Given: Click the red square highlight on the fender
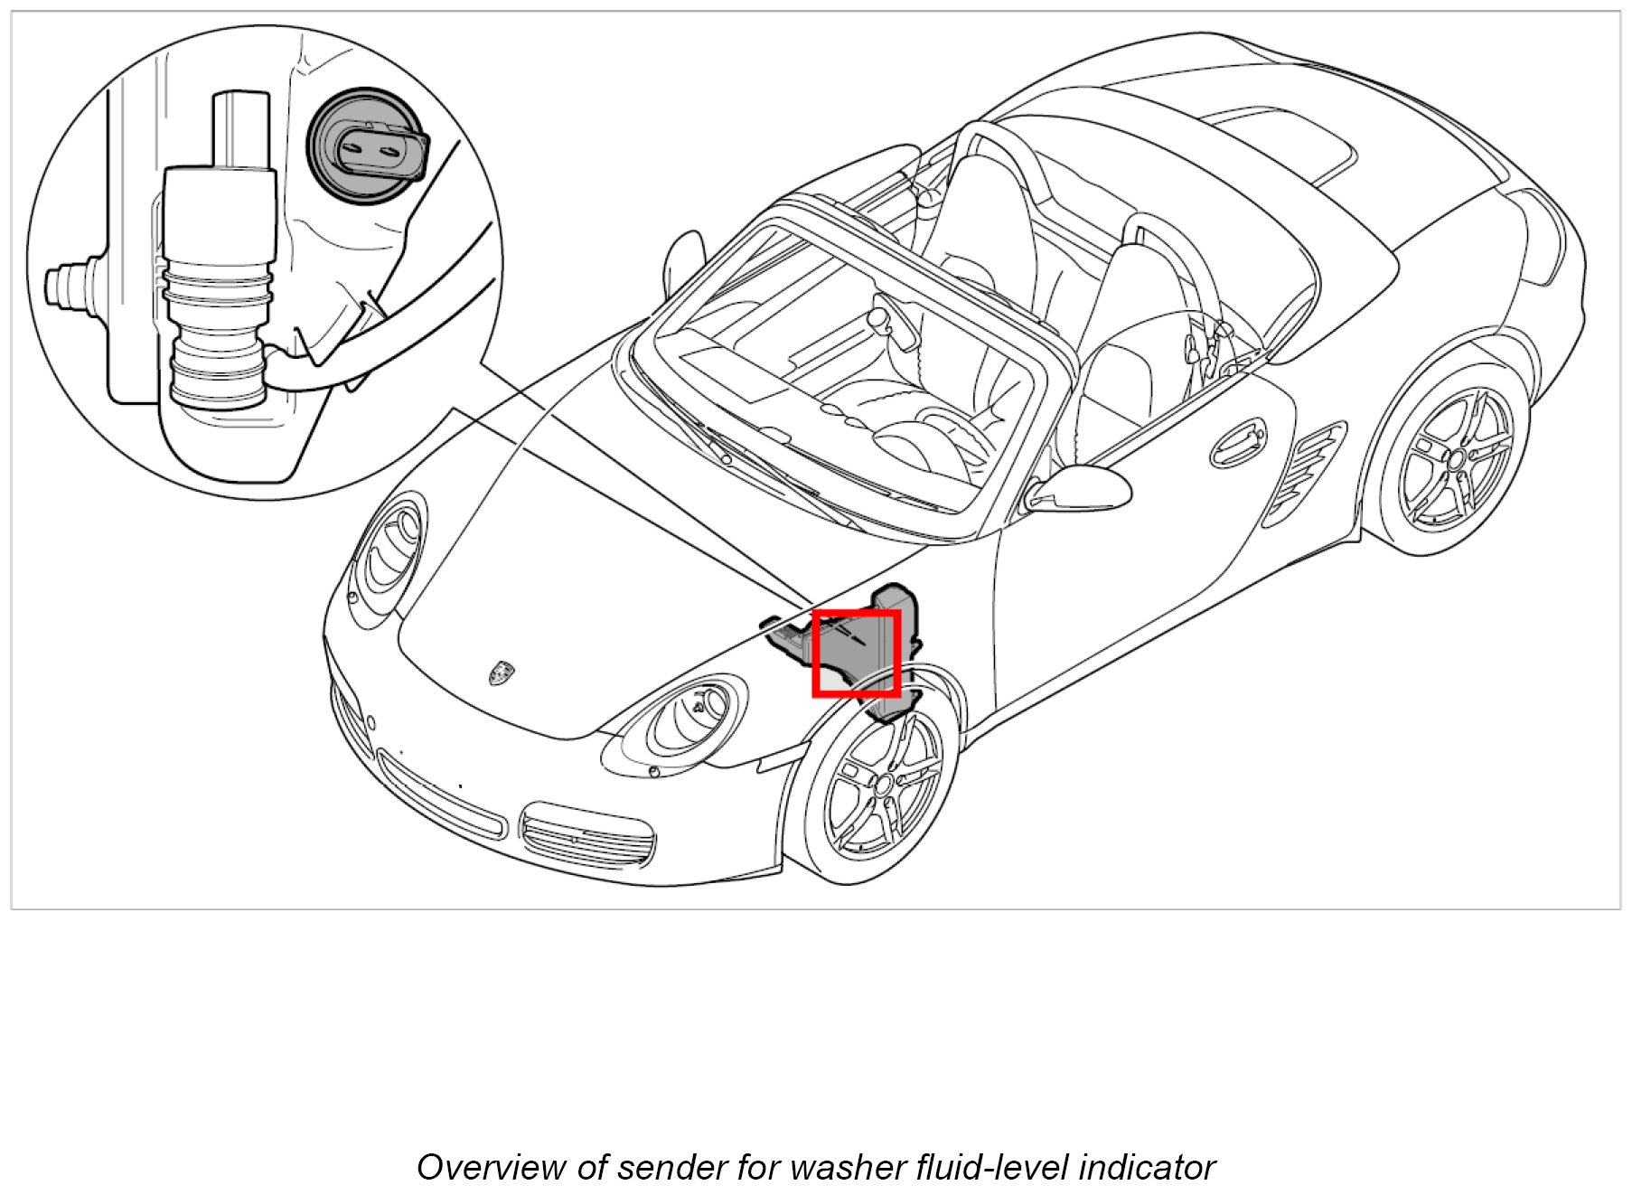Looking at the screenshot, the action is click(x=856, y=653).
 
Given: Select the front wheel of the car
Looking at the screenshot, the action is click(x=881, y=780).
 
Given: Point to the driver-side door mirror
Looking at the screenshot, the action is click(x=1081, y=488).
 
